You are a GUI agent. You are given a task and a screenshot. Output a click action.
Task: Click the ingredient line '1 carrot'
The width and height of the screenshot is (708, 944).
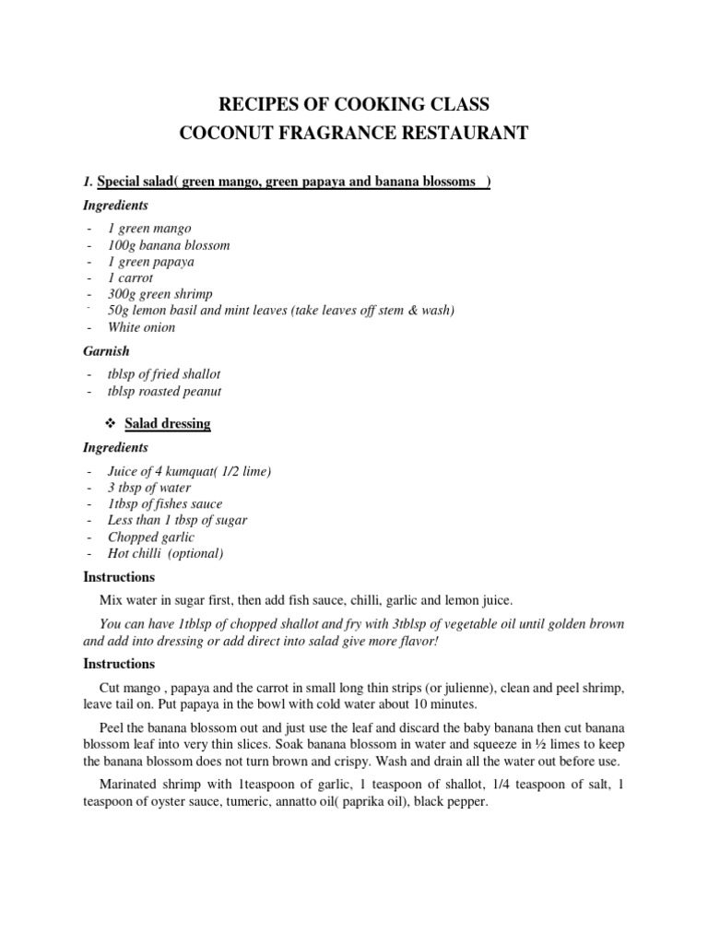click(x=130, y=277)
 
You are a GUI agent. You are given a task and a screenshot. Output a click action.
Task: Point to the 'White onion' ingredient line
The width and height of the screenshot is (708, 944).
click(x=141, y=327)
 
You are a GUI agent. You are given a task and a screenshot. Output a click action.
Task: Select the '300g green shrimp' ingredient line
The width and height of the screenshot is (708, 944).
click(x=159, y=294)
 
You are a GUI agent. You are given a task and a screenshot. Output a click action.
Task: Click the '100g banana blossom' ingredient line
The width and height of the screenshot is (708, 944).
click(x=169, y=245)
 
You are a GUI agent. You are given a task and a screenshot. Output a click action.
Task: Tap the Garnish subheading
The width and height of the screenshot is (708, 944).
click(x=108, y=351)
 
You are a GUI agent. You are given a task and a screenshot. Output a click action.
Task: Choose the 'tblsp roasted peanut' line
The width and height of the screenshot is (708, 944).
click(x=164, y=391)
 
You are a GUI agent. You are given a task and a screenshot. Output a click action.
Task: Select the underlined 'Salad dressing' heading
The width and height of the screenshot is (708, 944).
click(x=168, y=424)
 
